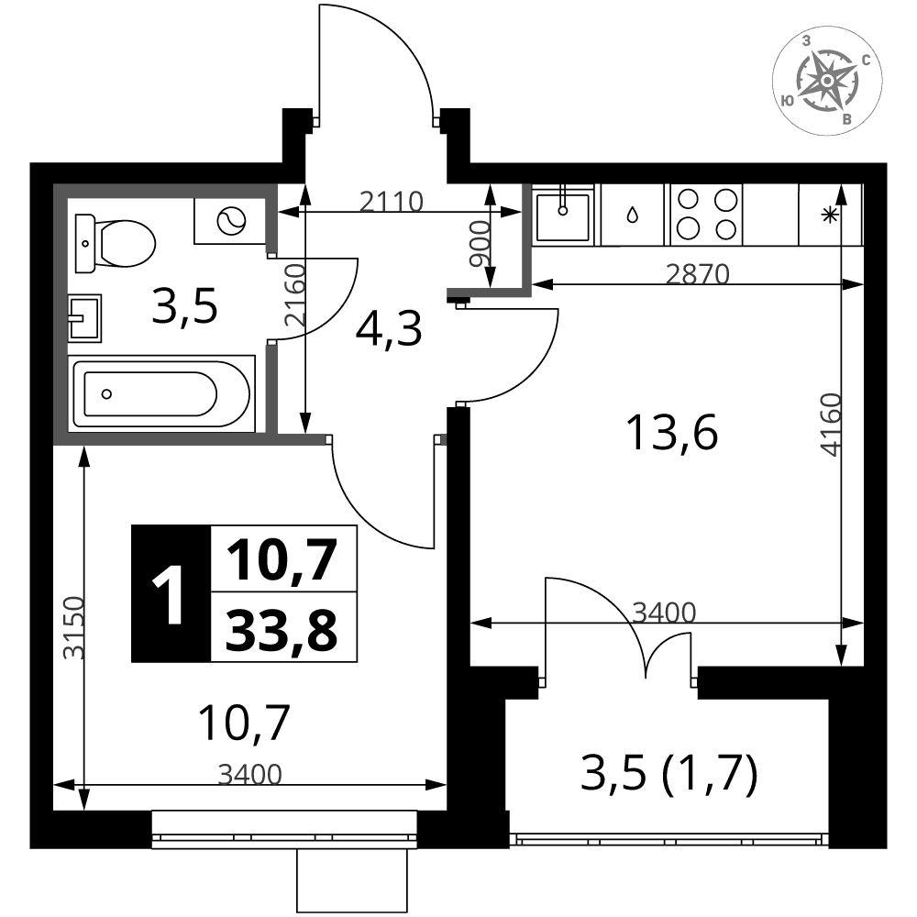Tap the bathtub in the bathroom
[162, 393]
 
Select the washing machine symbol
[230, 221]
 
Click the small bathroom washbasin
[84, 318]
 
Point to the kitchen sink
[563, 215]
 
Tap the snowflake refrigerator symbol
[830, 215]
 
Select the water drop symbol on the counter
[632, 215]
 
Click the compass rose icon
[827, 80]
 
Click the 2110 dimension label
[391, 203]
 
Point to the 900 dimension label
[481, 244]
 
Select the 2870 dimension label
[698, 274]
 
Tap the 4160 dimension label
[831, 424]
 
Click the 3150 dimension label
[74, 627]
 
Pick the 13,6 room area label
[671, 433]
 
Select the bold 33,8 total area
[282, 630]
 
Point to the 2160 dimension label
[294, 295]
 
